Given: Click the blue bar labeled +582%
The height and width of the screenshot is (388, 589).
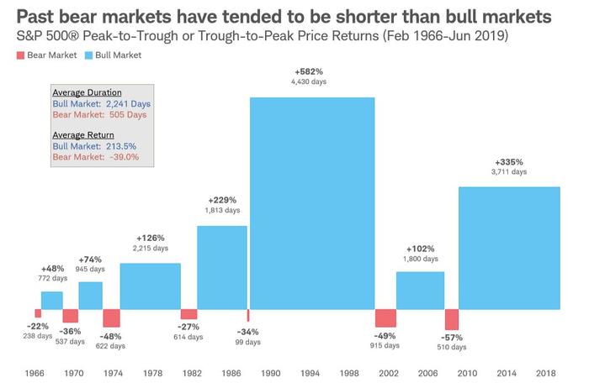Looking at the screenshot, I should point(312,202).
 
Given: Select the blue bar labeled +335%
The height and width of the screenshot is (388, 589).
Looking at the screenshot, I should point(508,247).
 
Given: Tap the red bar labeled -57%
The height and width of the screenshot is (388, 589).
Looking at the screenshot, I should point(452,319).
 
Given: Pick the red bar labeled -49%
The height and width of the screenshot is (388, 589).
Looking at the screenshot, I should point(385,318).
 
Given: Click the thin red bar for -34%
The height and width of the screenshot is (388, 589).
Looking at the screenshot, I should point(247,315).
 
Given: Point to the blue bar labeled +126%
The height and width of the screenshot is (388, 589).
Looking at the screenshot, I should point(150,286).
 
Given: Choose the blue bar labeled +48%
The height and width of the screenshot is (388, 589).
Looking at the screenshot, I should point(52,300).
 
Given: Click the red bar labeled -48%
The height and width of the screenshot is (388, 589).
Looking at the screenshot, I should point(111,318).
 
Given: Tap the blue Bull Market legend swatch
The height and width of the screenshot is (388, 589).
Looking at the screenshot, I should point(90,55).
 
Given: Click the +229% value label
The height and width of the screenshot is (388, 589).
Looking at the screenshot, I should point(221,201).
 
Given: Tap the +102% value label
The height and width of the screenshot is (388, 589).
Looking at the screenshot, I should point(421,249).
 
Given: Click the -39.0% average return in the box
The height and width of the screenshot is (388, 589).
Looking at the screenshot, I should point(120,156).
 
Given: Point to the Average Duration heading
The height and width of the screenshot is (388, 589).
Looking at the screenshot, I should point(87,92).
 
